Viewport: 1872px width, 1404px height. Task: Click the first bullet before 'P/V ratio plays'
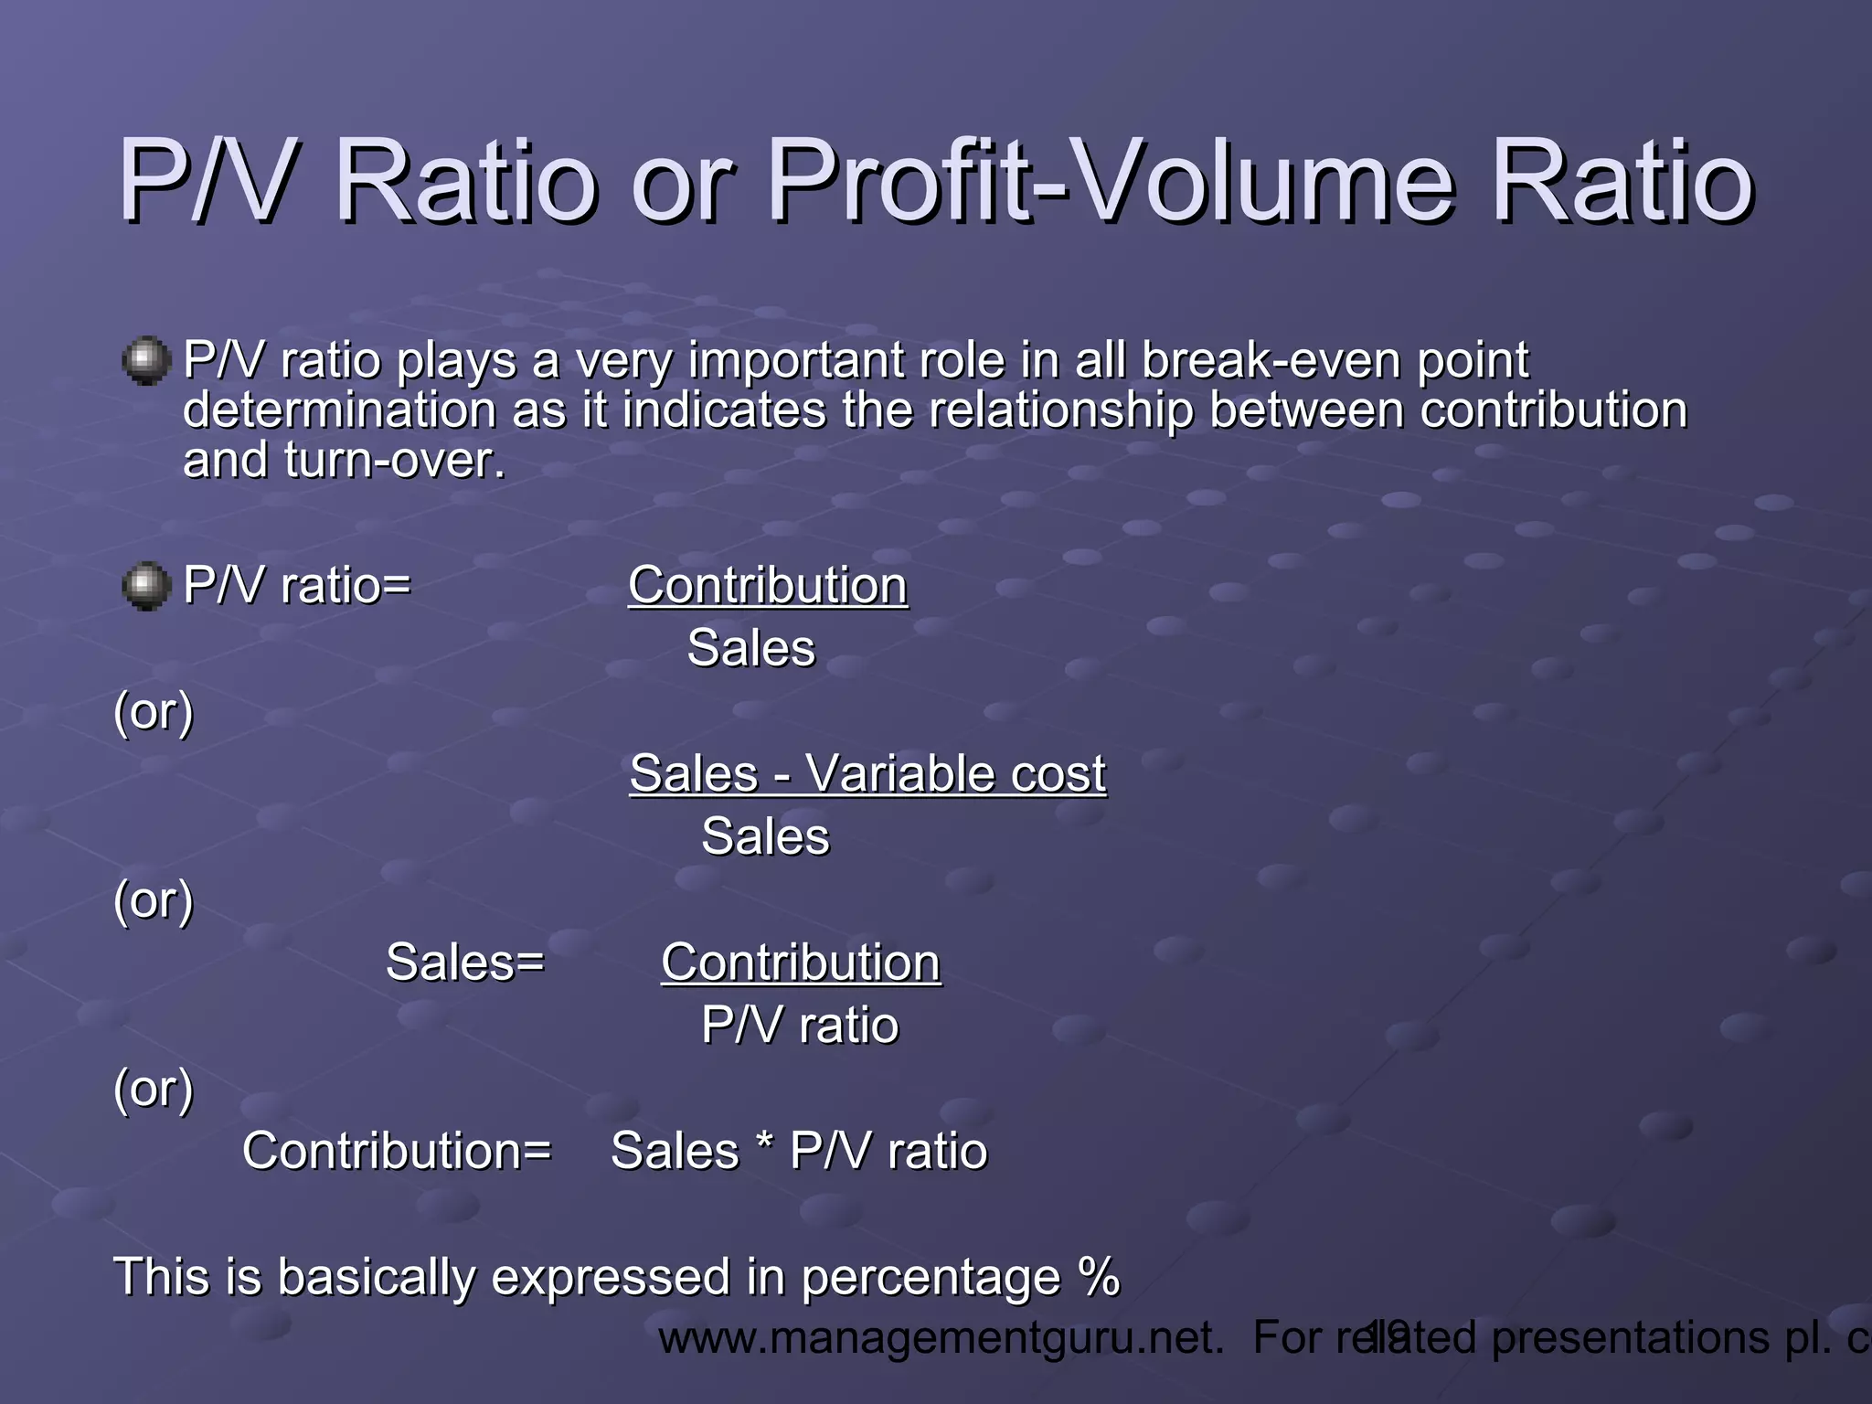(146, 361)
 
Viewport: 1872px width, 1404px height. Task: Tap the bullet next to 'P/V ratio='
(146, 586)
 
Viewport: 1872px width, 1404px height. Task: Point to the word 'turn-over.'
(394, 460)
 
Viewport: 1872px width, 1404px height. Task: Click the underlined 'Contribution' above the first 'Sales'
(768, 586)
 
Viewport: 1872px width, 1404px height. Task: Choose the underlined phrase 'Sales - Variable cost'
(867, 774)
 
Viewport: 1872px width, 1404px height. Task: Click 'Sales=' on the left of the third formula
(464, 963)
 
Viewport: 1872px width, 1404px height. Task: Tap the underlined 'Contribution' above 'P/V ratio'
(801, 963)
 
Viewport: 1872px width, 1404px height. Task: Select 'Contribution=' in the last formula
(397, 1151)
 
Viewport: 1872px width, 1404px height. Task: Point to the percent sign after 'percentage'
(1098, 1276)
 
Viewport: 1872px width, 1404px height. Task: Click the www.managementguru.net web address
(941, 1338)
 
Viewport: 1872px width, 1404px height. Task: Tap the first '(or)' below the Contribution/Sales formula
(154, 712)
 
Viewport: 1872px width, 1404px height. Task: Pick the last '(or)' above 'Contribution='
(154, 1089)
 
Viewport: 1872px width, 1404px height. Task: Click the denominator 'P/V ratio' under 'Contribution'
(800, 1026)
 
